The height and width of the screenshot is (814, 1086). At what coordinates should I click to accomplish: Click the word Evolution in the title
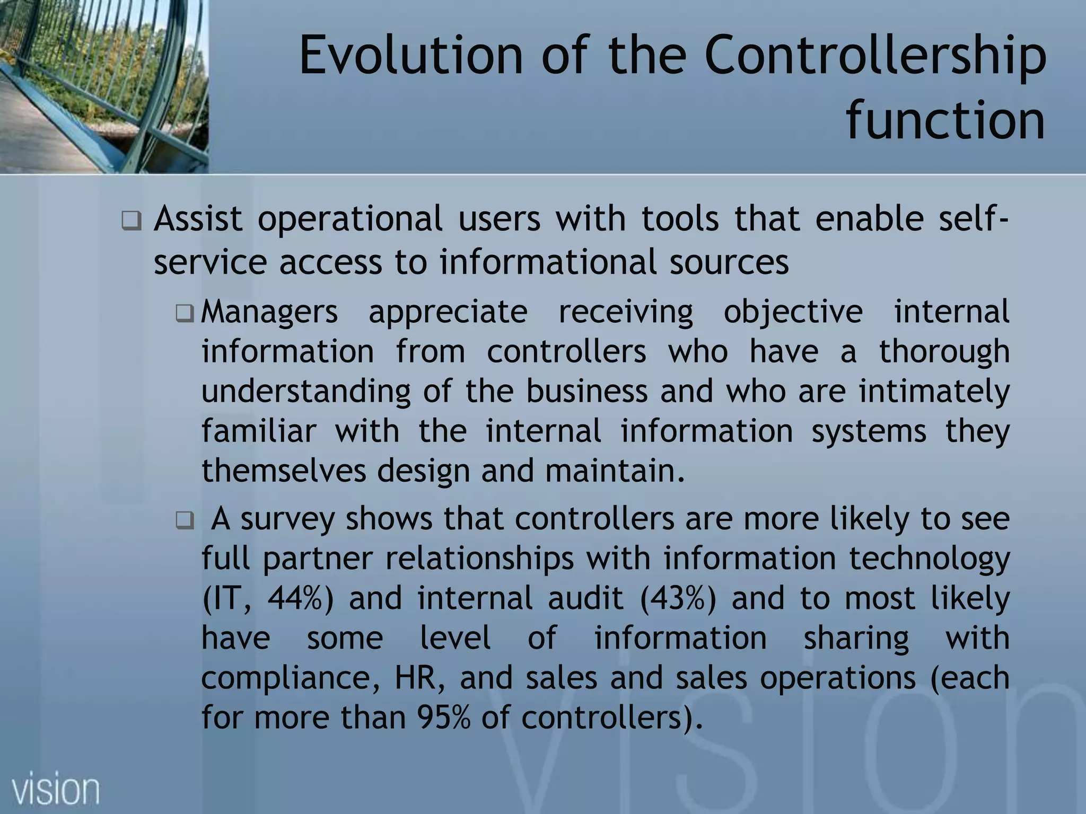[x=411, y=55]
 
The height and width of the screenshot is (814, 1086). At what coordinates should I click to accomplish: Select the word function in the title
[x=945, y=121]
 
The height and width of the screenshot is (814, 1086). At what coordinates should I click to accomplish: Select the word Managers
[x=269, y=312]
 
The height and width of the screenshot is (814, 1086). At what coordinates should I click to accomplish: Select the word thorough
[x=944, y=351]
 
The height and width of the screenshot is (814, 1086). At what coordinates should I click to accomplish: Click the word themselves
[x=284, y=471]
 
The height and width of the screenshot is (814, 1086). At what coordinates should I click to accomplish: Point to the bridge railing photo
[x=104, y=86]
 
